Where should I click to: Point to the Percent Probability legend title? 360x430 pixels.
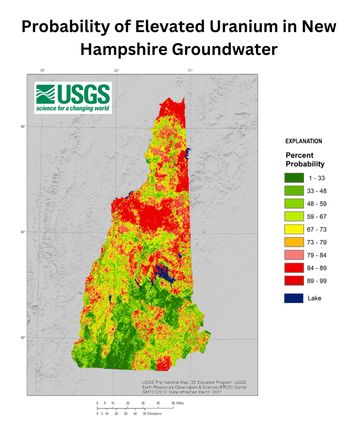click(x=306, y=164)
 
